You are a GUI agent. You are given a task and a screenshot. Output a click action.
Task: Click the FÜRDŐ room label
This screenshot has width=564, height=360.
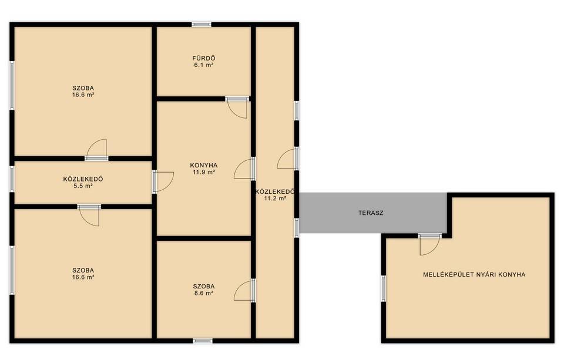click(x=204, y=58)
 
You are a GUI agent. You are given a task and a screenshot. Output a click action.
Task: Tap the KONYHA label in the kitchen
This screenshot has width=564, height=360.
click(x=204, y=166)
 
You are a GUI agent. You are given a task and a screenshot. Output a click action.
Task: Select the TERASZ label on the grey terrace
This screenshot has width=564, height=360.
click(x=371, y=213)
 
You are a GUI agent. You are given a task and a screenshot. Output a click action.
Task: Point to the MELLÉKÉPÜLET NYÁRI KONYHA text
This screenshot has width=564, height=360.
click(x=474, y=274)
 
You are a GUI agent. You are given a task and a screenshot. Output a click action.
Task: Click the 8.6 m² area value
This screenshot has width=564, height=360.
click(x=204, y=293)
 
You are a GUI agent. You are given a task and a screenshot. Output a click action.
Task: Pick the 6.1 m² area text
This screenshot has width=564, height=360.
click(x=204, y=65)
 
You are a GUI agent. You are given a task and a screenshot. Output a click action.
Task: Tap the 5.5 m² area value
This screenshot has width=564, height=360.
click(x=83, y=186)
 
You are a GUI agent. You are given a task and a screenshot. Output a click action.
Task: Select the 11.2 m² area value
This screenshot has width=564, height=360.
click(x=275, y=198)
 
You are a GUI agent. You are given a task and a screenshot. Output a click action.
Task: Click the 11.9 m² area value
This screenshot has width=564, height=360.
click(x=204, y=172)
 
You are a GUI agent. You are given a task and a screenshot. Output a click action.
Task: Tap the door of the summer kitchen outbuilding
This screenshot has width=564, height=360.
click(x=429, y=245)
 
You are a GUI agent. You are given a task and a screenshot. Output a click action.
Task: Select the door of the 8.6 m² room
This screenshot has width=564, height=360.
click(x=244, y=290)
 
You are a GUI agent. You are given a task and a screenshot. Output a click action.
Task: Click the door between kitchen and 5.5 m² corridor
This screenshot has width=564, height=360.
click(x=163, y=181)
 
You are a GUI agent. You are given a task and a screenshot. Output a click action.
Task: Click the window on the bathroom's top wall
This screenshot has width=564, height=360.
click(x=202, y=25)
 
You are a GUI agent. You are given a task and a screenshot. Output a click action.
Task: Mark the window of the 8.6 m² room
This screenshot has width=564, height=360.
click(x=203, y=341)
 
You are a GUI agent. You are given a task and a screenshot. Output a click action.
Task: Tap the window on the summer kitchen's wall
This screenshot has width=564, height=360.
click(x=384, y=288)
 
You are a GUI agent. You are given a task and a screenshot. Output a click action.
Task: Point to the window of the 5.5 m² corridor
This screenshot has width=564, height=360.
click(x=12, y=179)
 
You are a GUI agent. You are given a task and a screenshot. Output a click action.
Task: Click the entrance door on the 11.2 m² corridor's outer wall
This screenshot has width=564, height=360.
click(x=287, y=159)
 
